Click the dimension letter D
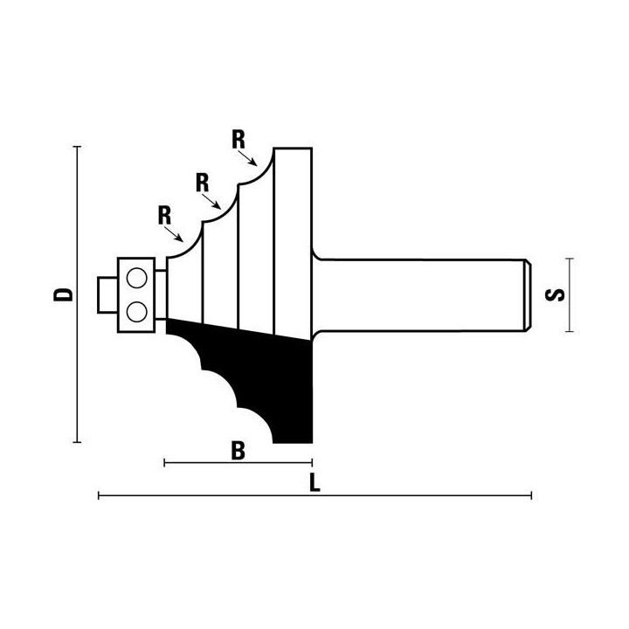click(x=64, y=294)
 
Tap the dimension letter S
click(x=555, y=295)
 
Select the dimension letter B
click(x=238, y=451)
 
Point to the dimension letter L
click(x=314, y=482)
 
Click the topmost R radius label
click(x=238, y=140)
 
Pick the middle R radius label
click(x=202, y=183)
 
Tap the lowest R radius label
click(x=164, y=216)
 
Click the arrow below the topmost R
click(x=247, y=158)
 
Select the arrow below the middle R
click(x=211, y=202)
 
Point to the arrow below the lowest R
click(x=174, y=234)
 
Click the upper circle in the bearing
click(x=137, y=278)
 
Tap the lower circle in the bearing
click(x=137, y=311)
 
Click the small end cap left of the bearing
click(x=107, y=295)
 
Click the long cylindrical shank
click(x=421, y=295)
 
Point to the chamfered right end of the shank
click(x=528, y=295)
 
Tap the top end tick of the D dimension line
click(x=77, y=147)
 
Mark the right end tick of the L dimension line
click(x=531, y=495)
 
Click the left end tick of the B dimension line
click(x=164, y=463)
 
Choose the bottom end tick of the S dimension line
click(x=570, y=331)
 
